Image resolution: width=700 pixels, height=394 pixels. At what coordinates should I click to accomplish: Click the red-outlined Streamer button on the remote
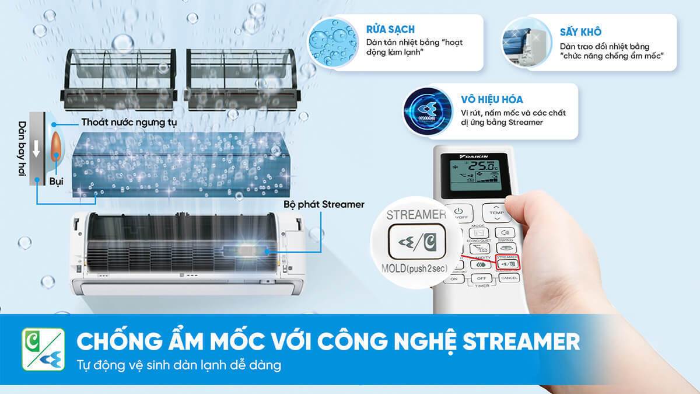[505, 263]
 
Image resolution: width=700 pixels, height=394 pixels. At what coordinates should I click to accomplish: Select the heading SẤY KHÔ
[580, 32]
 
